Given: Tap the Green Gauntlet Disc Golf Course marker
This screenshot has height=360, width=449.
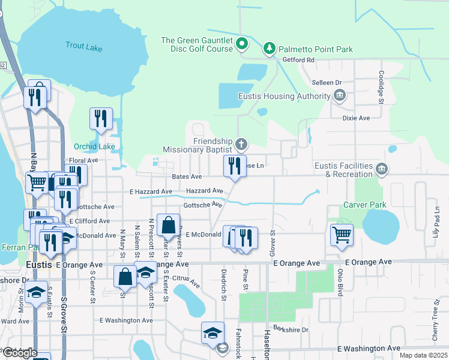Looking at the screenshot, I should [x=242, y=44].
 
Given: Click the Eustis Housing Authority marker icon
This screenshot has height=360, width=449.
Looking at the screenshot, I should [x=340, y=95].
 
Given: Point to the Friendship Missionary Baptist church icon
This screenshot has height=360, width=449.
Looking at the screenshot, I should [x=241, y=144].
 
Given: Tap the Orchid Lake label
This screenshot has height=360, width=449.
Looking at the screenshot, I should [x=94, y=146].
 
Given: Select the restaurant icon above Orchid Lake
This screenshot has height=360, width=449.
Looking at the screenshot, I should [x=101, y=119].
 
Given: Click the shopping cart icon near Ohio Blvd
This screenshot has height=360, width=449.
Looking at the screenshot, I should [x=342, y=235].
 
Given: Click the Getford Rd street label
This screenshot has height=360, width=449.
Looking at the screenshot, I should [x=301, y=60].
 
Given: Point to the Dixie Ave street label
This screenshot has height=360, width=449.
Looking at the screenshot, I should [x=356, y=118].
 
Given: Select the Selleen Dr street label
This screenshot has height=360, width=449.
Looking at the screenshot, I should [x=327, y=82].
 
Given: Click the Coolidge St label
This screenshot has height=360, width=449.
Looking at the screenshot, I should [x=381, y=87].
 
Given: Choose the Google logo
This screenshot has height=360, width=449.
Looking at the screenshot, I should [x=20, y=353].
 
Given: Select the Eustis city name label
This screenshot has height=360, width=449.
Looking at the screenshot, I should [x=40, y=264].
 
